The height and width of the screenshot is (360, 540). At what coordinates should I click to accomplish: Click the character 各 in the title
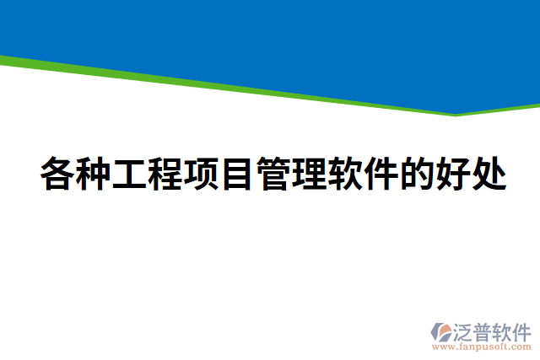[x=57, y=175]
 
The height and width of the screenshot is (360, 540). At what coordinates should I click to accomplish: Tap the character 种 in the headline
[x=94, y=175]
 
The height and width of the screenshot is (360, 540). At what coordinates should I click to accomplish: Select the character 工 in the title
[x=129, y=175]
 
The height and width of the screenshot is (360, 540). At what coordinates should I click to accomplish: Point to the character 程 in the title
[x=165, y=175]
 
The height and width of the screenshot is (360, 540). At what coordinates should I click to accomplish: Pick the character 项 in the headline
[x=202, y=175]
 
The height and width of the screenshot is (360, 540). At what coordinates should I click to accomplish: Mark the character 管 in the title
[x=273, y=175]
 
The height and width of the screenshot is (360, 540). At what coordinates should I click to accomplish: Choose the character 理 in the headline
[x=310, y=175]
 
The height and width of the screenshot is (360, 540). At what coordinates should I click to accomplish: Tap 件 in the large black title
[x=381, y=175]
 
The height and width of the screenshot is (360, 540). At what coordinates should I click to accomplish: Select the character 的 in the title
[x=418, y=175]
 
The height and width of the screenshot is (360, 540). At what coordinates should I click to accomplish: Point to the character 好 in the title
[x=453, y=175]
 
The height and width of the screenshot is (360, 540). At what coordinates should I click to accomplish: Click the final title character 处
[x=489, y=175]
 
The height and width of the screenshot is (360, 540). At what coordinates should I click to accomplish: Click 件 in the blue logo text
[x=524, y=330]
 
